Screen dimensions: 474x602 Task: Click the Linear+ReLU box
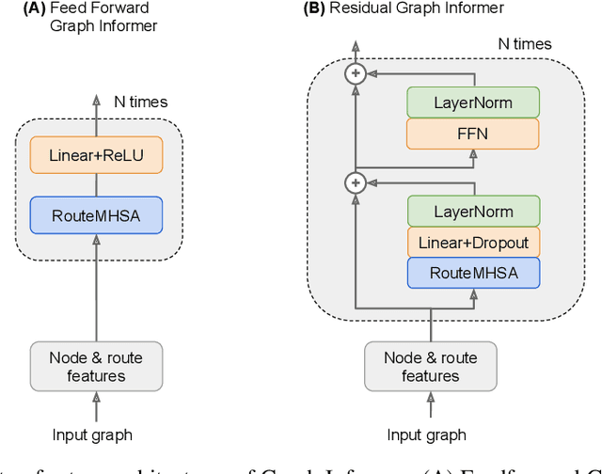[x=95, y=155]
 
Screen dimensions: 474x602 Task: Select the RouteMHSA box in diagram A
[x=95, y=214]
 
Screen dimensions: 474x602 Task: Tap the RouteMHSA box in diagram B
[x=474, y=273]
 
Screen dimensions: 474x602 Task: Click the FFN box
[x=474, y=134]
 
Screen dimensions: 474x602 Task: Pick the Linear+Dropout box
[x=474, y=243]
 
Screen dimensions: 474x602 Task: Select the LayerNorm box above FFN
[x=474, y=103]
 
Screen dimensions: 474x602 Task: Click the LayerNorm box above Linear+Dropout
[x=474, y=212]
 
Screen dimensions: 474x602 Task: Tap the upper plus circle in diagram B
[x=355, y=72]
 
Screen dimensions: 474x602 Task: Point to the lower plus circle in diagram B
[x=355, y=182]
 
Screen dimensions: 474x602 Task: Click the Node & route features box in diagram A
[x=95, y=367]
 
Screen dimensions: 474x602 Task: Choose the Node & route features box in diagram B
[x=430, y=367]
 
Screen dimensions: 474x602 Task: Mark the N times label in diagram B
[x=524, y=43]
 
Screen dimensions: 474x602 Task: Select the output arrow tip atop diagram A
[x=95, y=99]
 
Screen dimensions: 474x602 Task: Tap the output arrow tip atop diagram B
[x=355, y=43]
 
